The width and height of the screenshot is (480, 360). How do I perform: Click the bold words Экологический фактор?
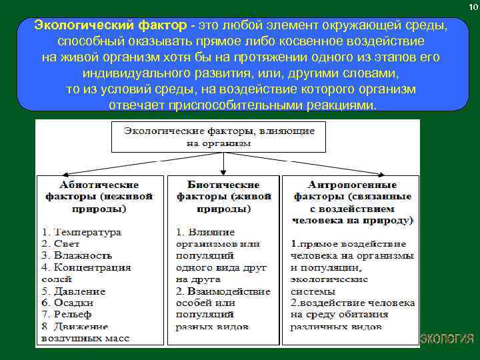109,25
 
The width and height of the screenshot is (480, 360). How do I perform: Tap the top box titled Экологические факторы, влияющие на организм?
218,136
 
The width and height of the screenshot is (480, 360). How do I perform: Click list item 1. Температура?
81,232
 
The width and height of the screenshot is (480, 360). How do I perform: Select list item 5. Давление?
73,291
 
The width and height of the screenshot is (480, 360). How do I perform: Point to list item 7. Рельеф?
67,314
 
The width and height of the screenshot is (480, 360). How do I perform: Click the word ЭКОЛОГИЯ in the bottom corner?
447,338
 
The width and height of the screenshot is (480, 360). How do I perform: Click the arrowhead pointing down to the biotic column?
217,171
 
